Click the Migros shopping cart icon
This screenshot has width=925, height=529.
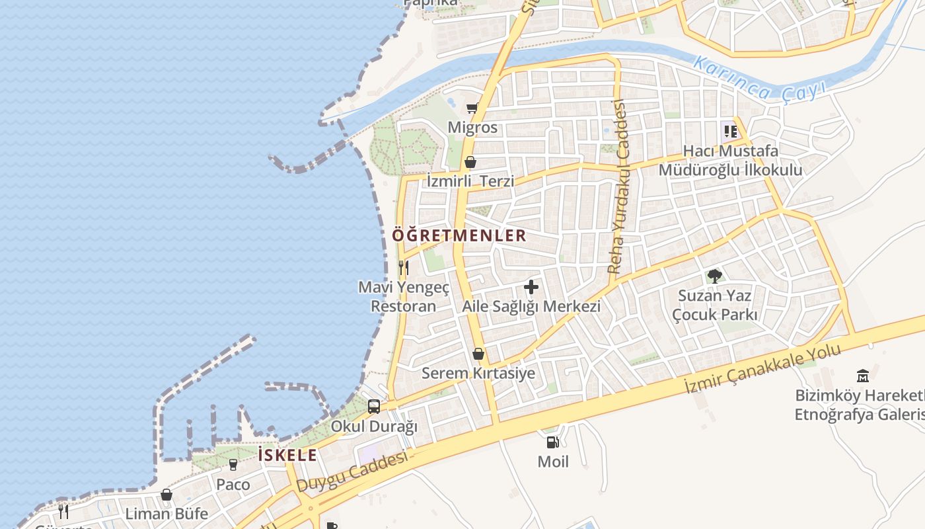(x=472, y=108)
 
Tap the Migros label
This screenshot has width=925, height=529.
(x=472, y=127)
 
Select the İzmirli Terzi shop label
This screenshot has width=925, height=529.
(x=470, y=181)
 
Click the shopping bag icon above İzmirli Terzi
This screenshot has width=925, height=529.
(x=470, y=161)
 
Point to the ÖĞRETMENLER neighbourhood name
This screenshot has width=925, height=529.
(x=459, y=235)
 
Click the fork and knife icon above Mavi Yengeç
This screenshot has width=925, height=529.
(x=404, y=268)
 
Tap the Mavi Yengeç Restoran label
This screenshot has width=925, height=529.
(x=404, y=297)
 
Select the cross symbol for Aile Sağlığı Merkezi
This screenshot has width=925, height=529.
(x=531, y=287)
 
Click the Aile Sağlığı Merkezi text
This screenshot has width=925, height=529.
(x=531, y=306)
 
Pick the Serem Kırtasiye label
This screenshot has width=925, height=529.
(x=478, y=373)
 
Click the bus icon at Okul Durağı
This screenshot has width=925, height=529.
(x=374, y=407)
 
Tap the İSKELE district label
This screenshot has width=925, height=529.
(x=287, y=455)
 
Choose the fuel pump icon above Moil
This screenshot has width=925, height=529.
(x=552, y=442)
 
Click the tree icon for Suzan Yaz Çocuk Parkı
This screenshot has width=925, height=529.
(x=714, y=276)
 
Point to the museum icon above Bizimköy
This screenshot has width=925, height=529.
(x=862, y=376)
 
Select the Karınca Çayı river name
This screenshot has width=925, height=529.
(x=760, y=79)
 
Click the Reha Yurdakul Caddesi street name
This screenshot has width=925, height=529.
(x=619, y=186)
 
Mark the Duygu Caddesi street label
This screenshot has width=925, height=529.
(x=351, y=472)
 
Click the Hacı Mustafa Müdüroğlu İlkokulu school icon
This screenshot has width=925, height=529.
(x=730, y=132)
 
